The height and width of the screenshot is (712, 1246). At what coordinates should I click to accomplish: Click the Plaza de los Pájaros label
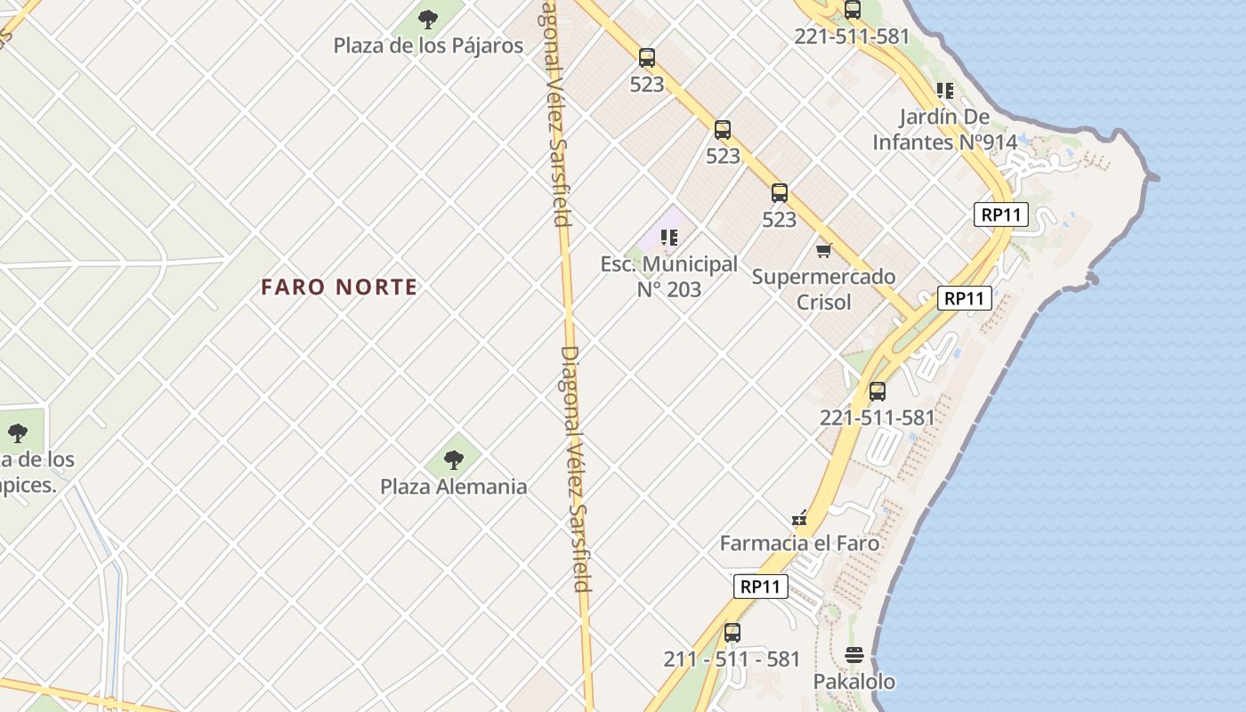coord(428,45)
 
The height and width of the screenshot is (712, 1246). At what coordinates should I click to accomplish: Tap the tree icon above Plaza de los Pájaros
coord(428,19)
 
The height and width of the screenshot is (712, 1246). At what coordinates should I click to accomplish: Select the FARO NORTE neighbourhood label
coord(339,287)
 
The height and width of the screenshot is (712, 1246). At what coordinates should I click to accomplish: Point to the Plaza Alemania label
coord(453,487)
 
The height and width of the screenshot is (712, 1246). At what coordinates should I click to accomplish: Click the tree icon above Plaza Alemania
coord(454,460)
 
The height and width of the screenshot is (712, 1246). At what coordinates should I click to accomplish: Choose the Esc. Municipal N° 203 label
coord(668,276)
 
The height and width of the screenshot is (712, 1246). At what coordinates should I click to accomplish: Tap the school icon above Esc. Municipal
coord(669,238)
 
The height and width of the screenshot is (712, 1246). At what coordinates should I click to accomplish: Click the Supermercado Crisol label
coord(823,288)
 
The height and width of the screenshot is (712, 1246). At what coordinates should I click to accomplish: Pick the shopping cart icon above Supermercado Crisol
coord(824,250)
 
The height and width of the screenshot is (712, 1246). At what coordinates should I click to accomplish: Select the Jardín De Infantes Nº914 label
coord(944,129)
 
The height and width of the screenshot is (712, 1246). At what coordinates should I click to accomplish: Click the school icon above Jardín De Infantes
coord(944,90)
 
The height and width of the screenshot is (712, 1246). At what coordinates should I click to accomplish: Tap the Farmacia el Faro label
coord(799,543)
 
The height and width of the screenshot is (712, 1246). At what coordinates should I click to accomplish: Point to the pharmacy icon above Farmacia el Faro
coord(799,518)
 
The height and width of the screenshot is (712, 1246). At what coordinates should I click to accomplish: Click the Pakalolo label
coord(854,681)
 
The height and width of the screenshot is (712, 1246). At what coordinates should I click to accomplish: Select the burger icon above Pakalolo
coord(854,655)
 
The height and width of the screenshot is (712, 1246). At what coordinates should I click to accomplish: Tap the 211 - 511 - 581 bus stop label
coord(732,659)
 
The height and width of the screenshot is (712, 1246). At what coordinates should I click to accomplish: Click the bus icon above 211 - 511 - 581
coord(732,633)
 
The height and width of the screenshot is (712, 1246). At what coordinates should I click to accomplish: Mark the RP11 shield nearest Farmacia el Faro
coord(762,587)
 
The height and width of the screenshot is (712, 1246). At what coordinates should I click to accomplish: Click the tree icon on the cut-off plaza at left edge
coord(17,433)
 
